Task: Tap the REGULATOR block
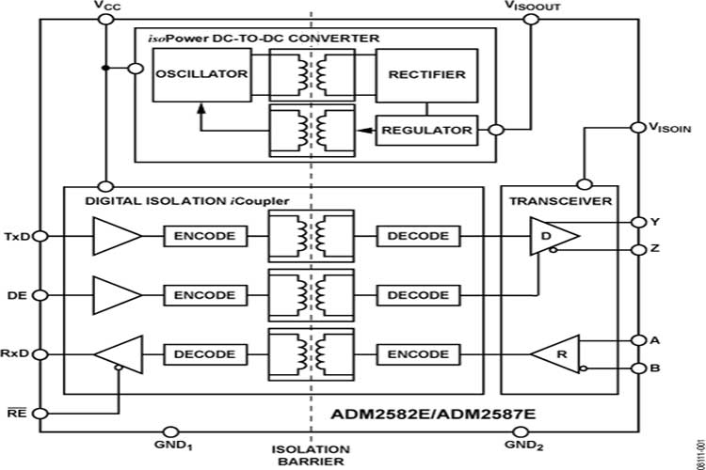425,130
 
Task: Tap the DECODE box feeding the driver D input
418,235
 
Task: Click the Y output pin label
655,222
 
